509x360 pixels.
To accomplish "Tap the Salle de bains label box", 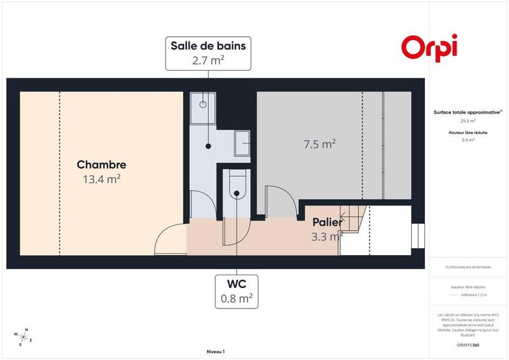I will coord(207,53).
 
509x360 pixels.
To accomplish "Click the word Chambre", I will coord(101,165).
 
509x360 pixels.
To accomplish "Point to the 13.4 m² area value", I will coord(101,179).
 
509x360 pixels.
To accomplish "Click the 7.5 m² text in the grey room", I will coord(319,144).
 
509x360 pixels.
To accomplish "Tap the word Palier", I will coord(327,223).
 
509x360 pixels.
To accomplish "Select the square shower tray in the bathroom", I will coord(203,102).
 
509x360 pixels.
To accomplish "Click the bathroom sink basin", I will coord(242,142).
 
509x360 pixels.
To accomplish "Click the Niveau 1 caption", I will coord(216,351).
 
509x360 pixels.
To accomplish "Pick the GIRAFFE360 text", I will coord(468,344).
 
